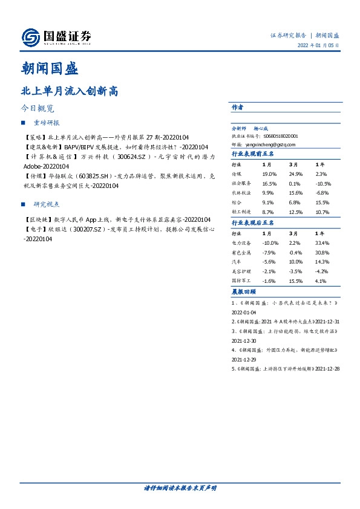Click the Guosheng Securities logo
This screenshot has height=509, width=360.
[x=56, y=37]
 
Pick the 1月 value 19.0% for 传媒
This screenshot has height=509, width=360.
[x=269, y=174]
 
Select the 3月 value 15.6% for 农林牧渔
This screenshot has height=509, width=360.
[x=295, y=193]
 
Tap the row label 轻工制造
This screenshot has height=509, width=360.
[x=242, y=212]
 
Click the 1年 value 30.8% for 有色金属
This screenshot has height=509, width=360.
[x=322, y=252]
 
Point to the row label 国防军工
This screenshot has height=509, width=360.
[x=242, y=281]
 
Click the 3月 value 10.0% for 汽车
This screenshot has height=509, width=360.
[x=295, y=262]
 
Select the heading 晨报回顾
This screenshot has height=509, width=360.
[x=243, y=292]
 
